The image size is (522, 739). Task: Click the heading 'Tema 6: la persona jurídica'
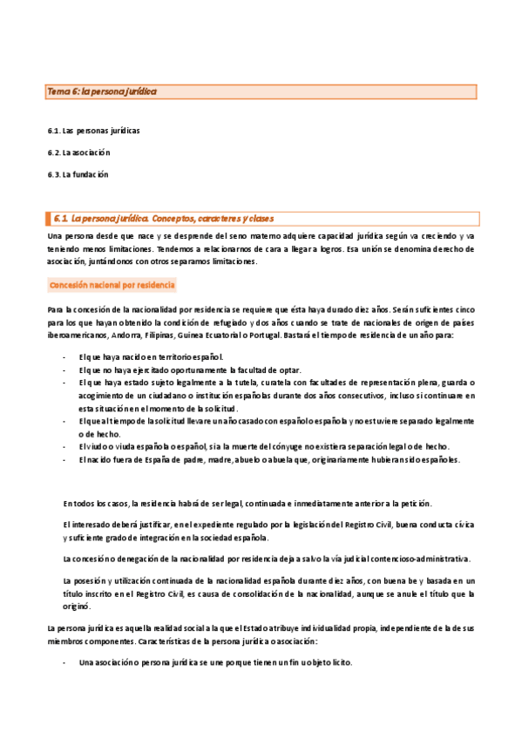pos(101,91)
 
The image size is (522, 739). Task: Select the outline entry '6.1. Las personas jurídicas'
pos(94,131)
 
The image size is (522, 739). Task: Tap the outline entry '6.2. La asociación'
pos(78,153)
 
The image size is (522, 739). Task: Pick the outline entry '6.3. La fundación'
pos(78,174)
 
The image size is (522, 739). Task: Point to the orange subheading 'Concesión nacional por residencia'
pos(112,285)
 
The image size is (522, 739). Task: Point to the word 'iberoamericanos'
pos(75,335)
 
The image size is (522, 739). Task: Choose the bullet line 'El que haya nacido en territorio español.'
pos(151,357)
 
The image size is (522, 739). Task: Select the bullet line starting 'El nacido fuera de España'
pos(269,460)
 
